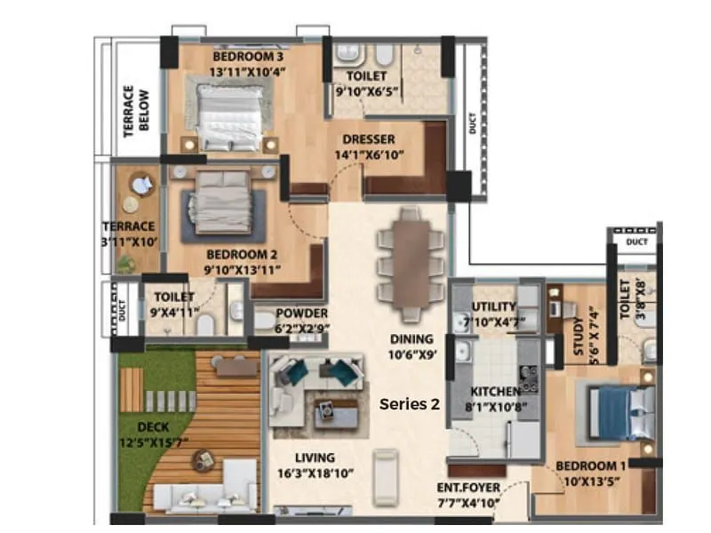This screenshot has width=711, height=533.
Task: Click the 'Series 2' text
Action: pos(410,403)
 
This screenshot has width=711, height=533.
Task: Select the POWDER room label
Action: pos(302,314)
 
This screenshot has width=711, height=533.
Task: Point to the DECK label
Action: pos(153,426)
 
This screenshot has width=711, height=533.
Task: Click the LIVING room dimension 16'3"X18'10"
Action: pos(315,474)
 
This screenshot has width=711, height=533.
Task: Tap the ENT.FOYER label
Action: pos(469,489)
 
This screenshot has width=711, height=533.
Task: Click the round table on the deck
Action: pos(204,460)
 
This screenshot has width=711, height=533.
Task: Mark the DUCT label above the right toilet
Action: pos(635,241)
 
